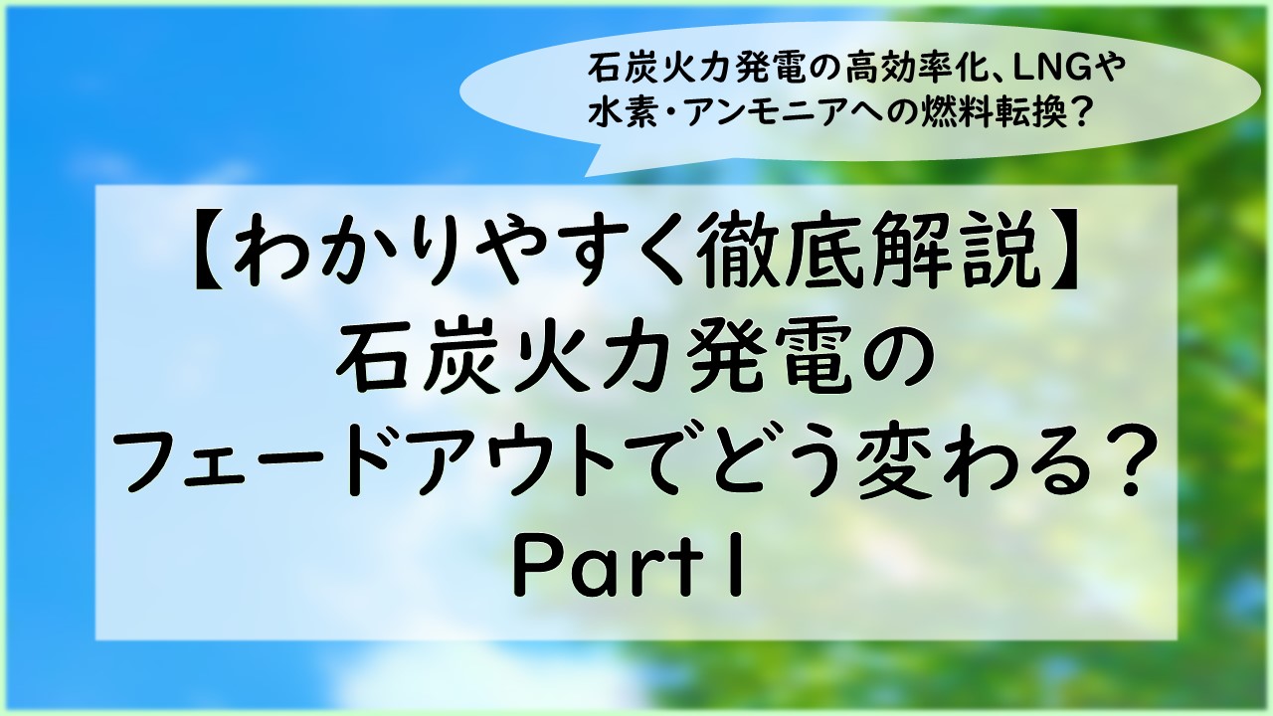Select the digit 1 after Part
pyautogui.click(x=737, y=570)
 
